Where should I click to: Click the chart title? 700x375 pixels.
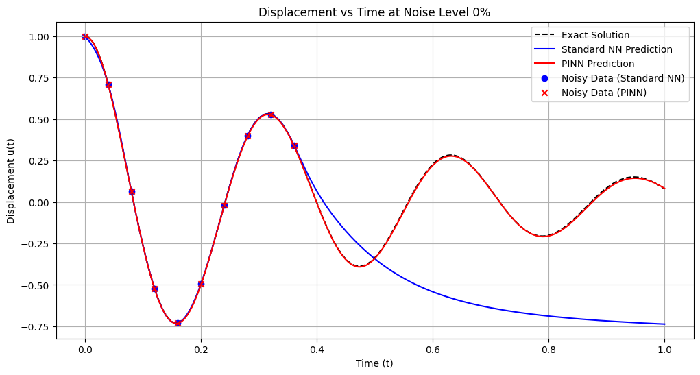(375, 12)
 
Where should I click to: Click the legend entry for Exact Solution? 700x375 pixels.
(595, 35)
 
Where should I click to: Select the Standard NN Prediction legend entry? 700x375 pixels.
(616, 49)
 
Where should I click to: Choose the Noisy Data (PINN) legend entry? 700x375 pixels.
(603, 93)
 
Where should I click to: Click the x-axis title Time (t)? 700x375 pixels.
(374, 363)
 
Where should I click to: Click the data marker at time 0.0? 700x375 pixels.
(85, 36)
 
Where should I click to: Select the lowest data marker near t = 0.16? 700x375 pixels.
(178, 323)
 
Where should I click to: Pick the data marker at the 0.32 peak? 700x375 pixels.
(271, 114)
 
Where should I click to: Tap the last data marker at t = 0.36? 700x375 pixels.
(294, 145)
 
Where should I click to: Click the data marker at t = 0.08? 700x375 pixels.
(132, 191)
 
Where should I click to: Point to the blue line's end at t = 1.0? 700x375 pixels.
(664, 324)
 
